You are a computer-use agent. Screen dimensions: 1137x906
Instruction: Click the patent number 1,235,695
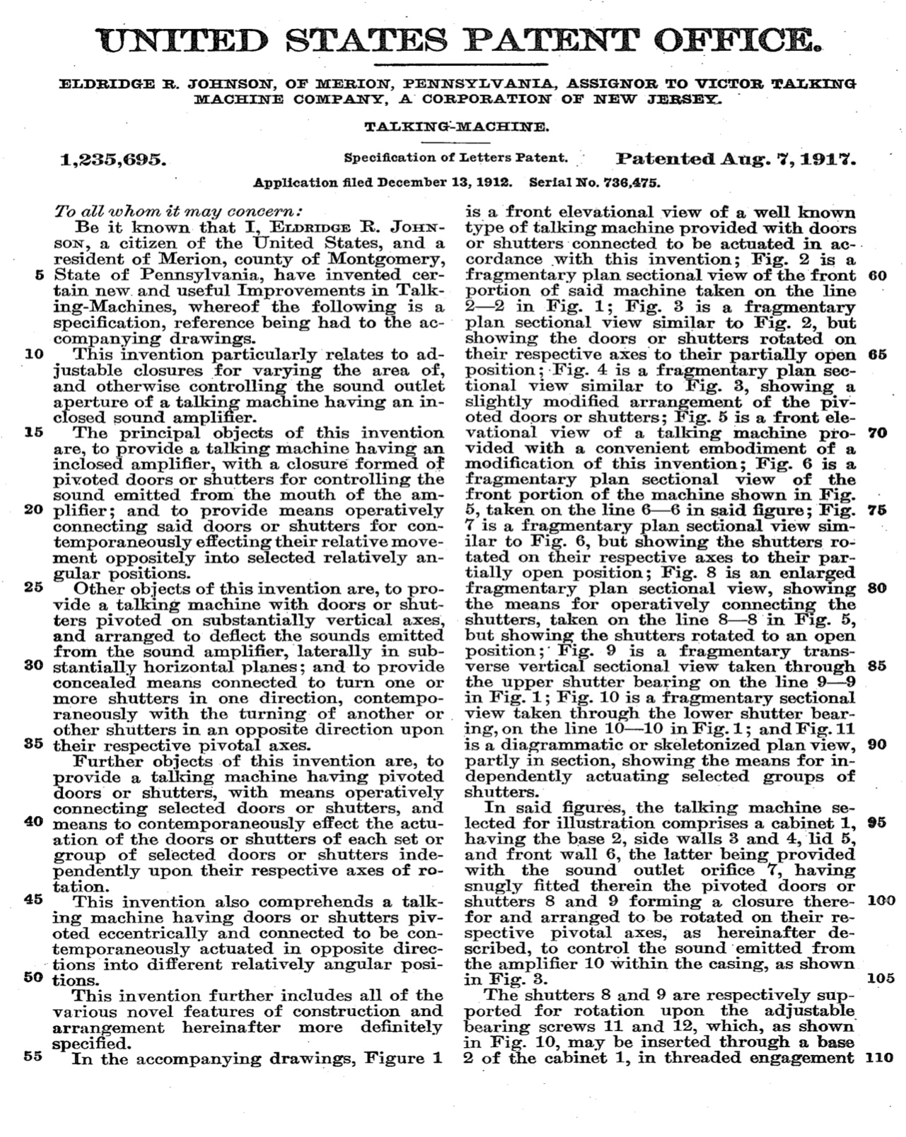tap(114, 161)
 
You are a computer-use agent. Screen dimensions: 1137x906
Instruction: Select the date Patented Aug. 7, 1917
tap(736, 158)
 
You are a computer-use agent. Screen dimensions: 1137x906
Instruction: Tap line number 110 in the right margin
tap(879, 1059)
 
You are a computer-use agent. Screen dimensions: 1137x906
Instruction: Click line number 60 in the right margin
tap(877, 274)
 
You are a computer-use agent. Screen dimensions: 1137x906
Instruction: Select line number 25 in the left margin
tap(35, 587)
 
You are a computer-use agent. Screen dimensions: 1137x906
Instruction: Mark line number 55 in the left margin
tap(35, 1058)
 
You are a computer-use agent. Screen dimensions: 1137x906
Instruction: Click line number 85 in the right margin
tap(877, 665)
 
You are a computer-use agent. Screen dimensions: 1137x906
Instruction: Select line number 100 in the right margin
tap(879, 902)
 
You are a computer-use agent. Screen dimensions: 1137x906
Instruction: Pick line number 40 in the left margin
tap(35, 823)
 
